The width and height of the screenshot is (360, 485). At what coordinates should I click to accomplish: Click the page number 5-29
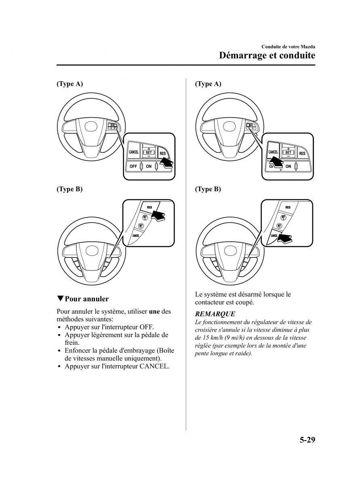(x=307, y=439)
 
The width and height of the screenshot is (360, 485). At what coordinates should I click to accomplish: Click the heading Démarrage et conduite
(x=267, y=55)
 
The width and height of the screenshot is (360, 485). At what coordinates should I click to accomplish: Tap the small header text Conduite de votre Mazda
(x=288, y=46)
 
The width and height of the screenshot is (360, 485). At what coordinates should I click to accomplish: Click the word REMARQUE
(x=215, y=314)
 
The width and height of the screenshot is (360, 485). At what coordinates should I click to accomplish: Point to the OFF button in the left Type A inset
(x=133, y=167)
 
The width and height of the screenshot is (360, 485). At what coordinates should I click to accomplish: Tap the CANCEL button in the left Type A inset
(x=134, y=152)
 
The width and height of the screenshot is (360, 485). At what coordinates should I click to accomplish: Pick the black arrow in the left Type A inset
(x=166, y=163)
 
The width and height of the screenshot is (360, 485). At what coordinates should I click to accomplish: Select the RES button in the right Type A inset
(x=302, y=153)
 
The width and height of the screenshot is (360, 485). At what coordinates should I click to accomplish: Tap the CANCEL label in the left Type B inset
(x=136, y=236)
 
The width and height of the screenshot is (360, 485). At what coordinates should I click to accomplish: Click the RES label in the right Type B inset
(x=288, y=207)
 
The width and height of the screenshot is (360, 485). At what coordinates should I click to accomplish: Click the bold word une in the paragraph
(x=154, y=311)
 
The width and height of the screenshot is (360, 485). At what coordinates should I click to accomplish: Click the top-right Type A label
(x=208, y=84)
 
